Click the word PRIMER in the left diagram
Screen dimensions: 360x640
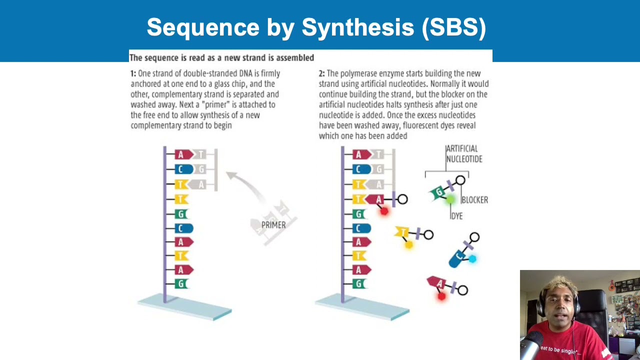(x=273, y=225)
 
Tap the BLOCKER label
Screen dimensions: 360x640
(x=474, y=200)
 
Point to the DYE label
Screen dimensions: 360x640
(x=456, y=216)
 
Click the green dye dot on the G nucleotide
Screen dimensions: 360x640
(x=450, y=199)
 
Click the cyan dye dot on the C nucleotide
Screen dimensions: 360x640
(x=472, y=258)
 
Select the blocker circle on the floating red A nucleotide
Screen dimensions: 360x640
(x=462, y=290)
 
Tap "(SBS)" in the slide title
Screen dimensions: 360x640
(x=454, y=27)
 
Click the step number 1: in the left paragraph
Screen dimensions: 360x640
(x=133, y=73)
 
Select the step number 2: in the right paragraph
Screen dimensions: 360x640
(x=321, y=73)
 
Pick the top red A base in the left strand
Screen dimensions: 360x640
(x=182, y=155)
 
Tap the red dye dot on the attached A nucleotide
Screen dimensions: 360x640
(x=384, y=211)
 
